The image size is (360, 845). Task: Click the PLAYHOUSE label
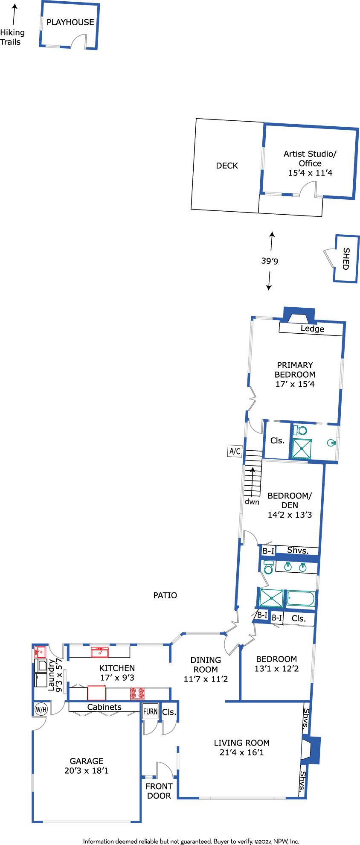[x=70, y=22]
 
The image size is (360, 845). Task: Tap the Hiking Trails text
[x=12, y=37]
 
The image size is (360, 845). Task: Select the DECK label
[x=227, y=166]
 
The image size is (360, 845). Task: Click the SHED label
[x=346, y=259]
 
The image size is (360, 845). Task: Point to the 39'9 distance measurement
[x=270, y=261]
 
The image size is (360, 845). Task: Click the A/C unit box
[x=235, y=451]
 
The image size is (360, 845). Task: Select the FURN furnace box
[x=150, y=711]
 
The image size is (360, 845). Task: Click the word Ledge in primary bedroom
[x=312, y=329]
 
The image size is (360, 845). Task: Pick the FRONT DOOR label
[x=159, y=791]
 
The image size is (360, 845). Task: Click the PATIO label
[x=165, y=595]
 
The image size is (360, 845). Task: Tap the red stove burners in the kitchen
[x=137, y=693]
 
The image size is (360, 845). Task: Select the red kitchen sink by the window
[x=99, y=652]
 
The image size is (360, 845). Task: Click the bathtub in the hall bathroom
[x=301, y=598]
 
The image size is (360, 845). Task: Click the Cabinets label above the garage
[x=105, y=707]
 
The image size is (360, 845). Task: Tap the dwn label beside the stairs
[x=252, y=502]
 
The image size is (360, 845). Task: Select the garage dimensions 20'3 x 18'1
[x=87, y=771]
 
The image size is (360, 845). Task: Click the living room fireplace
[x=311, y=751]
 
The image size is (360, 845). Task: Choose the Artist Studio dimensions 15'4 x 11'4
[x=310, y=173]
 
